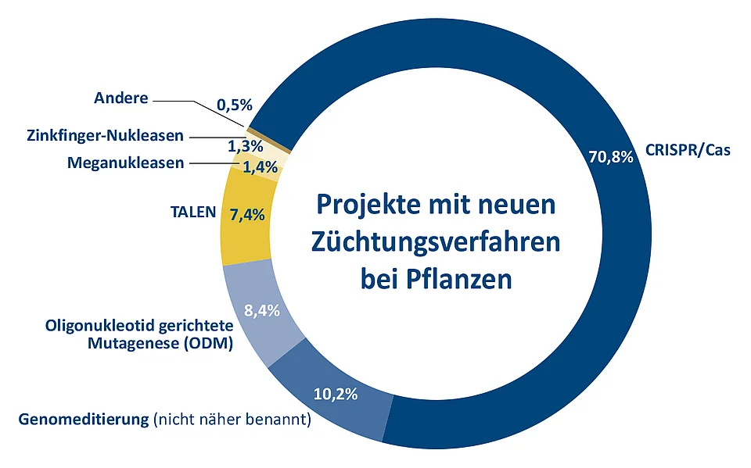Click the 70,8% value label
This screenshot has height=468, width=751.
coord(609,157)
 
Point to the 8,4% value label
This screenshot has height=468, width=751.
coord(261,311)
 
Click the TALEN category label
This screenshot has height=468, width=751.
coord(194,212)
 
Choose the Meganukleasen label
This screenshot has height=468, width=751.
coord(126,163)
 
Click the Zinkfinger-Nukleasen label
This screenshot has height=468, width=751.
coord(105,136)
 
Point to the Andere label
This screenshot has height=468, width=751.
coord(120,98)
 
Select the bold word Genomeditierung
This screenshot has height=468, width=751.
coord(83,420)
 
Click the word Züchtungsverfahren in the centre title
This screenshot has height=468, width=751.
coord(436,241)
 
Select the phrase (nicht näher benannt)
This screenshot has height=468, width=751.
coord(232,420)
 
